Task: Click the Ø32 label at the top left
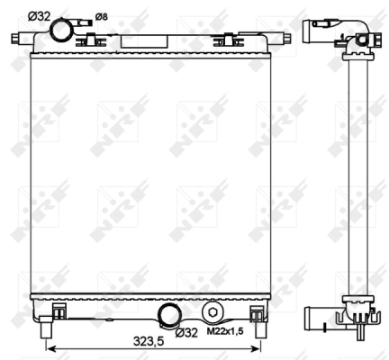point(40,16)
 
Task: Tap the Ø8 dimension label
point(101,17)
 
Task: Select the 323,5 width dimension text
point(149,341)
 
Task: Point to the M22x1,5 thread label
point(225,331)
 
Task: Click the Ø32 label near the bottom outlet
point(186,332)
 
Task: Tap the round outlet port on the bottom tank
point(170,316)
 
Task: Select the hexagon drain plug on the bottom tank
point(213,312)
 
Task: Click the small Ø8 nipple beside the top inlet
point(82,23)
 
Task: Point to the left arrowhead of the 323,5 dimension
point(51,348)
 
